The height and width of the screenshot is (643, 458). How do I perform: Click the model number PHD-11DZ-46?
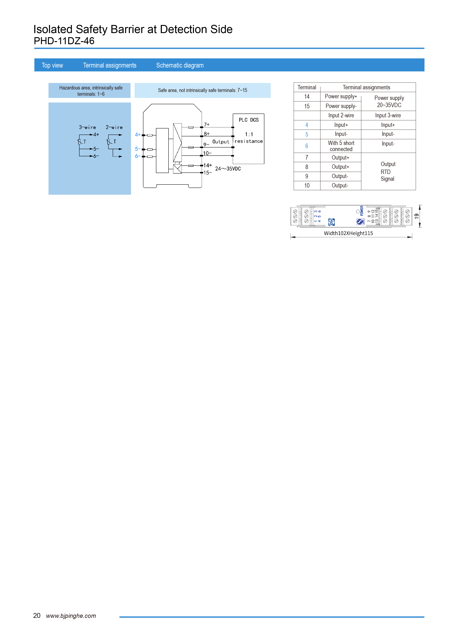pos(64,41)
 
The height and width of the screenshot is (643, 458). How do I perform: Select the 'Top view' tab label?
pos(52,65)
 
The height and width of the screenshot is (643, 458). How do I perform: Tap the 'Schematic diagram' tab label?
pos(180,65)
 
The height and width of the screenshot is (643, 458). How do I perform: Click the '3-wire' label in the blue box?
pos(87,127)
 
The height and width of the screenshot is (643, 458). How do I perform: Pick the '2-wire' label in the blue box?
pos(114,127)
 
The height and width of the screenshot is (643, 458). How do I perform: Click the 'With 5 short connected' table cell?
pos(341,146)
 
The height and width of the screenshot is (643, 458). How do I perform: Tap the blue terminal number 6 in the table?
pos(307,146)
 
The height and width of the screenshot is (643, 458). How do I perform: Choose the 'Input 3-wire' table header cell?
pos(388,116)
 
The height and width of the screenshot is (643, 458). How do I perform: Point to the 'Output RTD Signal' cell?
pos(388,171)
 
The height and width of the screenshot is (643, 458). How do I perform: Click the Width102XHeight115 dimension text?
pos(348,233)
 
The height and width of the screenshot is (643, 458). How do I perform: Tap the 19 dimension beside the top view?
pos(417,216)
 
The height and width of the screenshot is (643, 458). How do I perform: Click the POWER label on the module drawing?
pos(362,211)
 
